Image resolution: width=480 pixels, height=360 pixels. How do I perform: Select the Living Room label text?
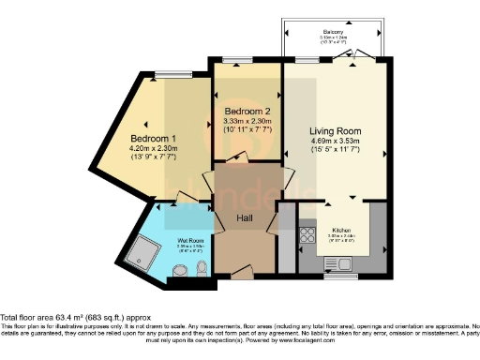(x=336, y=131)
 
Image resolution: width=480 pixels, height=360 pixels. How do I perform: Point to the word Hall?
(x=244, y=217)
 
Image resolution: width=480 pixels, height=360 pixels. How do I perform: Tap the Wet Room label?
(x=191, y=241)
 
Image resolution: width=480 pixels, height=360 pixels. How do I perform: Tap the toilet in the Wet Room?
(x=202, y=270)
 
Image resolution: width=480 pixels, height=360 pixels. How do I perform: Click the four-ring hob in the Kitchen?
(x=306, y=234)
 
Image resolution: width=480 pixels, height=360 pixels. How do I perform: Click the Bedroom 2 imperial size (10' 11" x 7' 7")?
(x=247, y=130)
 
